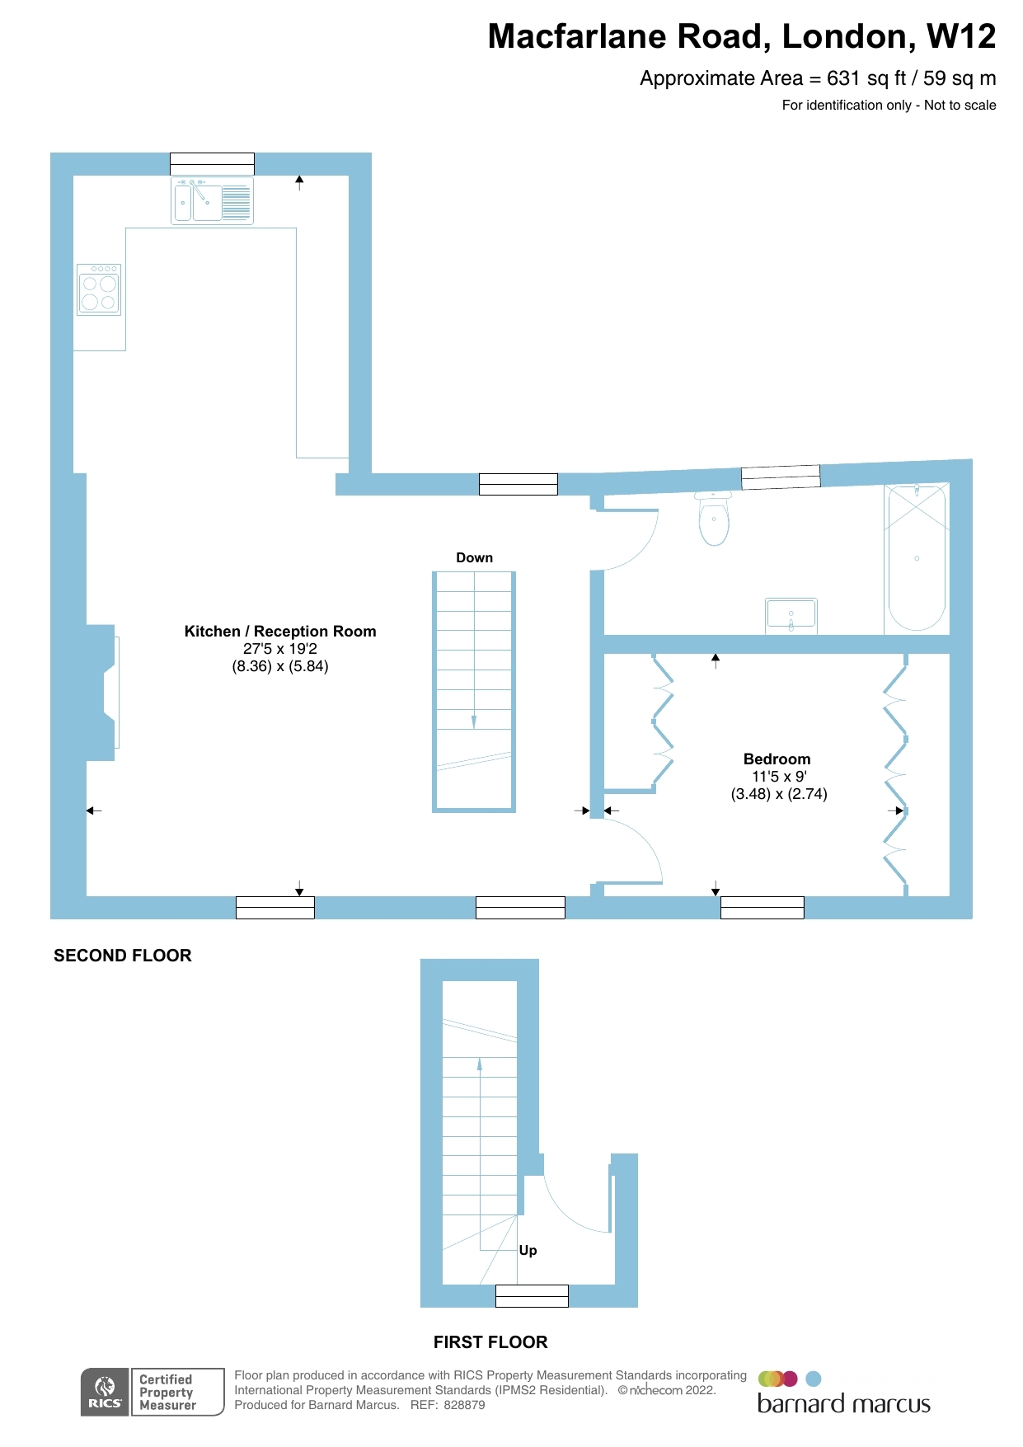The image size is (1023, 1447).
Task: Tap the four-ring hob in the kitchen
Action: coord(99,290)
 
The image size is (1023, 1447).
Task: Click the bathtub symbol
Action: coord(917,558)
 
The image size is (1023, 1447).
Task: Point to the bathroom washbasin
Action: coord(791,615)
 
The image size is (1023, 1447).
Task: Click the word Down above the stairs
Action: coord(474,558)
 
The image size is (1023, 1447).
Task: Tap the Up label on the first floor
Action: coord(528,1250)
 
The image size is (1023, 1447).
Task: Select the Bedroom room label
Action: coord(777,759)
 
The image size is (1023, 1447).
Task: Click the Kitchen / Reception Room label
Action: coord(280,632)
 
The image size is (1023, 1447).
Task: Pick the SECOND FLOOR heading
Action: coord(123,956)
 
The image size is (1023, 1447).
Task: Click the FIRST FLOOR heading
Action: coord(490,1342)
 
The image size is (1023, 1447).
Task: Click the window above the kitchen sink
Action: coord(212,163)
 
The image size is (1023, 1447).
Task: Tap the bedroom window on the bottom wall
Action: coord(762,907)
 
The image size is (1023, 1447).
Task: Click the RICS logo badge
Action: coord(105,1392)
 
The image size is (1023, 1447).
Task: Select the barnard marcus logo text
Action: coord(843,1404)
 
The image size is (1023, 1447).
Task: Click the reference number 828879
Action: coord(464,1405)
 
